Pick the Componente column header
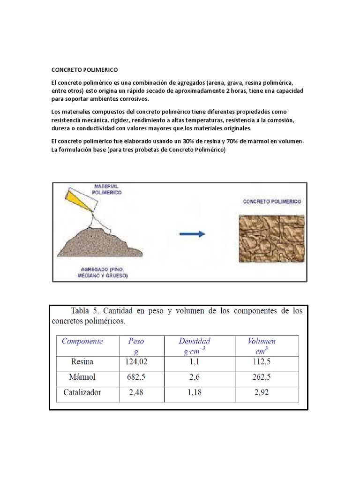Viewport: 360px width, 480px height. [x=82, y=341]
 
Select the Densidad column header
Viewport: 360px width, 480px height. [x=194, y=341]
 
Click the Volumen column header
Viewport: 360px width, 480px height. [x=261, y=341]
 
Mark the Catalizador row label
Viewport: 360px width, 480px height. [x=82, y=392]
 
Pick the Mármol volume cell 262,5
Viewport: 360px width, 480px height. [x=262, y=377]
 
